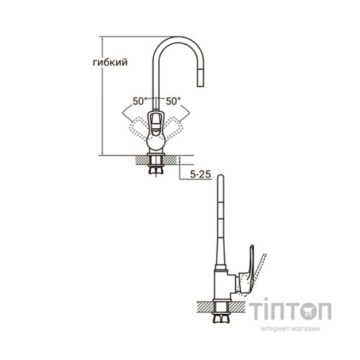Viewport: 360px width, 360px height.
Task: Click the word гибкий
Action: click(110, 63)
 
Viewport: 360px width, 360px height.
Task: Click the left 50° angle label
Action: click(140, 101)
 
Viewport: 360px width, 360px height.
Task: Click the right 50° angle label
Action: click(174, 101)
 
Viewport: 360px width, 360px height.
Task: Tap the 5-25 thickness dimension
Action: click(200, 174)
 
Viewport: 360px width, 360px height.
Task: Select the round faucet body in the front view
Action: click(156, 142)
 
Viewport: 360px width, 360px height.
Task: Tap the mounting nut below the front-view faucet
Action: click(156, 169)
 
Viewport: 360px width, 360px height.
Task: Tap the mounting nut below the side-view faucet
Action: click(221, 318)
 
